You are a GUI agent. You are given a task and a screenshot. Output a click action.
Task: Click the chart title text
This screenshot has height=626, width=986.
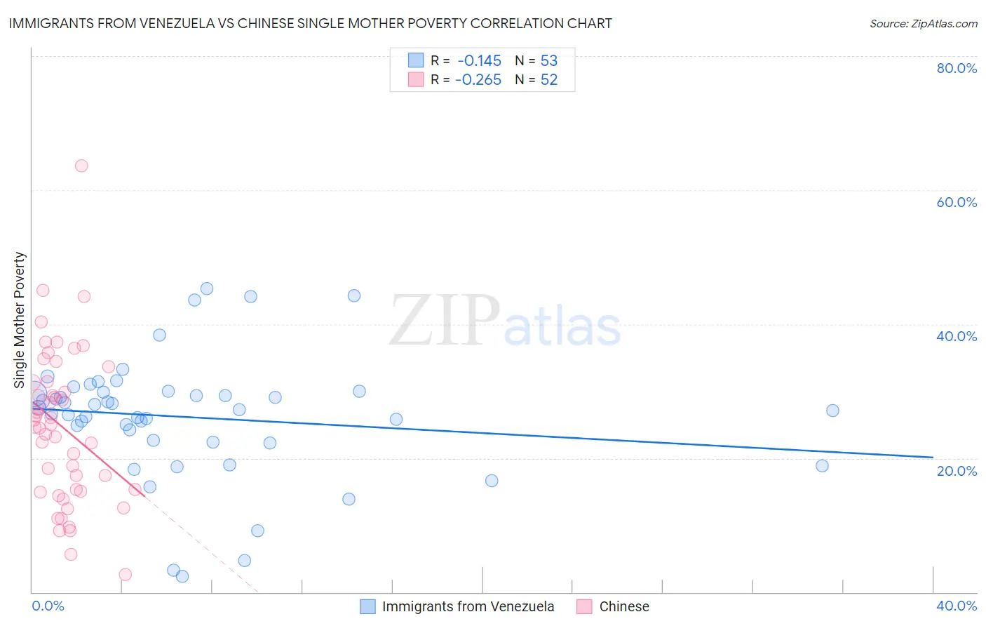tap(310, 23)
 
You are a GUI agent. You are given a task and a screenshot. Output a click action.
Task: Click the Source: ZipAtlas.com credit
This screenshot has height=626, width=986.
tap(923, 23)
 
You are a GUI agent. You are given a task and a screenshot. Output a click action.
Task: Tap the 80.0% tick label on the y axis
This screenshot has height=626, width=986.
tap(957, 68)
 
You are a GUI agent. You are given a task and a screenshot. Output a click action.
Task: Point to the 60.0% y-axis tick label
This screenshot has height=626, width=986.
tap(957, 202)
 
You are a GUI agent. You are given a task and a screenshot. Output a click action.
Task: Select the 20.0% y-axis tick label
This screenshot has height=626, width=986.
tap(957, 470)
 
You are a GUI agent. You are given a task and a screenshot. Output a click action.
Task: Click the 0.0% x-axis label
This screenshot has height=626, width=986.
tap(48, 606)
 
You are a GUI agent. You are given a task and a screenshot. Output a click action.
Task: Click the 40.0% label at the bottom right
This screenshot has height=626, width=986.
tap(957, 606)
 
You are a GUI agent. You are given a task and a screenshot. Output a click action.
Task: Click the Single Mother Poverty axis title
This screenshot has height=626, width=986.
tap(20, 320)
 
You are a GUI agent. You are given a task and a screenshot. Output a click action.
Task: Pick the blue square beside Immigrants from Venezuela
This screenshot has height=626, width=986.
tap(367, 606)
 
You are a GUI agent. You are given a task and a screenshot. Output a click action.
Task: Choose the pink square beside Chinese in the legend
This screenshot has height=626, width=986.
tap(585, 606)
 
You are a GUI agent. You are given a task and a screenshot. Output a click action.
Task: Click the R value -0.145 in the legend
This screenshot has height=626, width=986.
tap(479, 60)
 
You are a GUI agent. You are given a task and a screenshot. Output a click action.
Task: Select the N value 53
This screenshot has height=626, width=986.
tap(548, 60)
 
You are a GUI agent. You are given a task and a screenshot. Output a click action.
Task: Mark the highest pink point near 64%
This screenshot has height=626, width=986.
tap(81, 166)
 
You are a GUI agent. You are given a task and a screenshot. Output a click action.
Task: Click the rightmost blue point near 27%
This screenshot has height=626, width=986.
tap(832, 411)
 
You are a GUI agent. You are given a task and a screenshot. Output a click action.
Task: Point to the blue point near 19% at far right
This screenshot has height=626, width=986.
tap(822, 466)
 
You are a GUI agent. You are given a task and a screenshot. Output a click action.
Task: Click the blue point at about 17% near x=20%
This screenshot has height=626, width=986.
tap(492, 481)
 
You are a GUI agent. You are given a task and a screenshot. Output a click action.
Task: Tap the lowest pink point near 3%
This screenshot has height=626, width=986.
tap(126, 575)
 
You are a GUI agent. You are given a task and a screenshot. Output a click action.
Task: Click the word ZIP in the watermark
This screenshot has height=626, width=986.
tap(445, 320)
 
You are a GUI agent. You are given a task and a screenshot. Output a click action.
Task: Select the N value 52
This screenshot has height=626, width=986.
tap(548, 80)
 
